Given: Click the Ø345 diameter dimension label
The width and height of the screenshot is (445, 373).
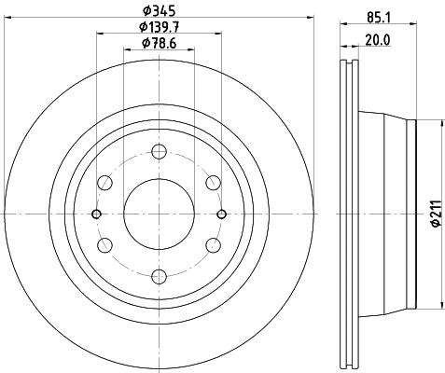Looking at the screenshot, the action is click(160, 11).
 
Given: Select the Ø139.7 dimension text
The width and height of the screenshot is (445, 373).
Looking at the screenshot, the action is click(160, 27).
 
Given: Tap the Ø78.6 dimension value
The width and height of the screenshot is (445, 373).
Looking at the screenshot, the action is click(160, 43).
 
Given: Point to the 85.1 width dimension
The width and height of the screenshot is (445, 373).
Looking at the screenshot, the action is click(378, 18).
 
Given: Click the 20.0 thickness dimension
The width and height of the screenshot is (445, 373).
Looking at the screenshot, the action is click(378, 40).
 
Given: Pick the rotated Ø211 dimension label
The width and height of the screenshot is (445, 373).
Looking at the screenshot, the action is click(437, 214).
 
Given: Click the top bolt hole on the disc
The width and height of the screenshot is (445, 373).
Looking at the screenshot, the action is click(160, 152).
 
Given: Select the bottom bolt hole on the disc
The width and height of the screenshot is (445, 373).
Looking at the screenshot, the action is click(160, 276).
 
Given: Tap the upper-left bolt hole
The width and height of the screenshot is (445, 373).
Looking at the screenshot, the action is click(104, 183).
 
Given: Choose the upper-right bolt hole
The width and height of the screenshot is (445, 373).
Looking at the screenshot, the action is click(214, 183).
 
